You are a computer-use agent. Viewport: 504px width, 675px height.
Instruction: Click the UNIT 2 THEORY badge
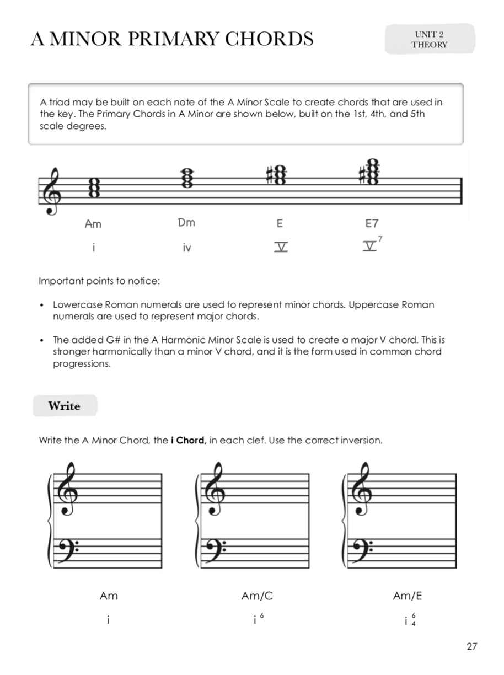tap(430, 39)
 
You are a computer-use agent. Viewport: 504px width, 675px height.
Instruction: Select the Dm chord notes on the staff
tap(187, 178)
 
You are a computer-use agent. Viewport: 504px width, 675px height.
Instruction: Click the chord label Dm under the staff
tap(186, 223)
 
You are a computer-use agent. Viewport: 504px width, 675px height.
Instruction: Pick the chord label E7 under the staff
tap(372, 223)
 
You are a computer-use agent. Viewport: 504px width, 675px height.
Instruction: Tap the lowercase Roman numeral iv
tap(187, 248)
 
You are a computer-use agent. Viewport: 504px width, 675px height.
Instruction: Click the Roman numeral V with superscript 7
tap(372, 246)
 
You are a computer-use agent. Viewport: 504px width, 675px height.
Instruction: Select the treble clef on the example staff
tap(54, 189)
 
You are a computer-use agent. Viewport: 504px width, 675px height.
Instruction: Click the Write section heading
tap(65, 406)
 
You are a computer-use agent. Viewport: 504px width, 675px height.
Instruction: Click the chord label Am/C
tap(257, 596)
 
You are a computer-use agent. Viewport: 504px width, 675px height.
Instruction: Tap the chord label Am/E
tap(408, 596)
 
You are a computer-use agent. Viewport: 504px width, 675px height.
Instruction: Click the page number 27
tap(471, 647)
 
